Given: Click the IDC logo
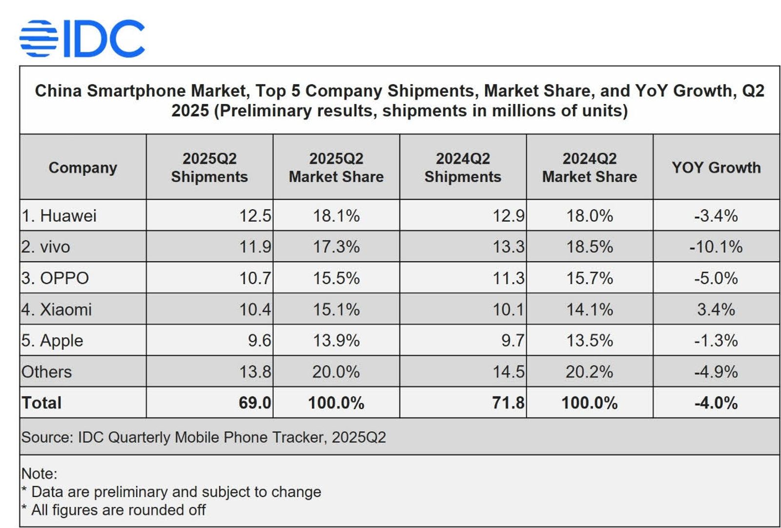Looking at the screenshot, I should click(82, 38).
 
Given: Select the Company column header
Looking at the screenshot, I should click(82, 168).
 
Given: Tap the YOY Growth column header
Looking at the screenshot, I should click(716, 168).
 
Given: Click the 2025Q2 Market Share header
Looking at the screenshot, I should click(336, 168).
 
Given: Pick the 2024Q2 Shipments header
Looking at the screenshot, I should click(462, 168).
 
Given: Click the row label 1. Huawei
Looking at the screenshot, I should click(59, 215).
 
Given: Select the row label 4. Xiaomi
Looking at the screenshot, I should click(57, 309).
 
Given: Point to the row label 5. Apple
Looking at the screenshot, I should click(52, 340).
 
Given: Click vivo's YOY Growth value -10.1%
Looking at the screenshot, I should click(716, 247).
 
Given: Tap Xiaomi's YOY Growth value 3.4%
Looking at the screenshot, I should click(716, 309).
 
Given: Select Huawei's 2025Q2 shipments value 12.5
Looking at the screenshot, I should click(255, 215).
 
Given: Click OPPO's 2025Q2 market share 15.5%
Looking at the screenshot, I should click(336, 278).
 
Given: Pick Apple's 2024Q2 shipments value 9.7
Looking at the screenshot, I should click(513, 340).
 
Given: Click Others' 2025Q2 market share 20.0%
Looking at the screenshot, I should click(336, 372).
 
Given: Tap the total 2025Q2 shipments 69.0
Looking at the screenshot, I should click(255, 403).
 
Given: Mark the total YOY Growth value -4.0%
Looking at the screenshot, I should click(716, 403).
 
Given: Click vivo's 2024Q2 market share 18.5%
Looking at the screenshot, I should click(589, 247).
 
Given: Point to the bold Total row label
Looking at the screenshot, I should click(41, 403).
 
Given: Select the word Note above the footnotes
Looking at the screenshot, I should click(39, 473).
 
